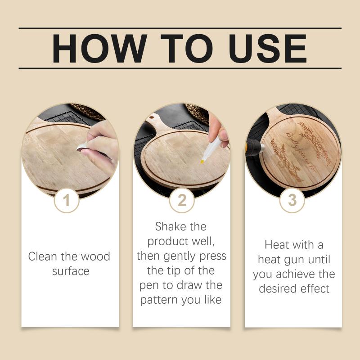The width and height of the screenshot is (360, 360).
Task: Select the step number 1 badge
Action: [x=67, y=200]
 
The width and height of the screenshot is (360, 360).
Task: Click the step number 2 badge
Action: [x=182, y=200]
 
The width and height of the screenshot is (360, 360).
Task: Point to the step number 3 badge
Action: [x=292, y=200]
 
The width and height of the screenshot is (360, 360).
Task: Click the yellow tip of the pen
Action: [x=202, y=162]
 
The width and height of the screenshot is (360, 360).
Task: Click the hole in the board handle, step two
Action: [x=152, y=118]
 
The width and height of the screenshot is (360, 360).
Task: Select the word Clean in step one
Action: [x=43, y=256]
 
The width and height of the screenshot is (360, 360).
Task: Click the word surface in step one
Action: [x=71, y=271]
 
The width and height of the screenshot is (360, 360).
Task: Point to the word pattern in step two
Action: [x=159, y=300]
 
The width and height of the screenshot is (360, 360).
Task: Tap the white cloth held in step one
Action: [x=83, y=147]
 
